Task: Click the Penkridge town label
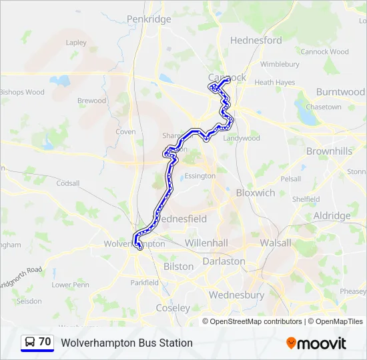[149, 19]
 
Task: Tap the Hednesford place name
[256, 40]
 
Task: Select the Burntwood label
[340, 91]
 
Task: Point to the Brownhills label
[329, 151]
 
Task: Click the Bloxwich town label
[256, 193]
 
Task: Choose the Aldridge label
[332, 216]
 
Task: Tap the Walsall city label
[276, 243]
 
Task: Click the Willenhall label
[206, 243]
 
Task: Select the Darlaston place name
[224, 261]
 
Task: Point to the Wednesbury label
[236, 295]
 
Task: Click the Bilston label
[178, 266]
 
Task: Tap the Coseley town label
[172, 308]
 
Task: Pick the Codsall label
[67, 183]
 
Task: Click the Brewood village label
[91, 101]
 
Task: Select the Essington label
[200, 176]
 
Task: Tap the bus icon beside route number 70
[30, 342]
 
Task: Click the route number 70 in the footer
[45, 342]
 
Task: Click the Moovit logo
[316, 343]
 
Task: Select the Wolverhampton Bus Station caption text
[127, 343]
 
